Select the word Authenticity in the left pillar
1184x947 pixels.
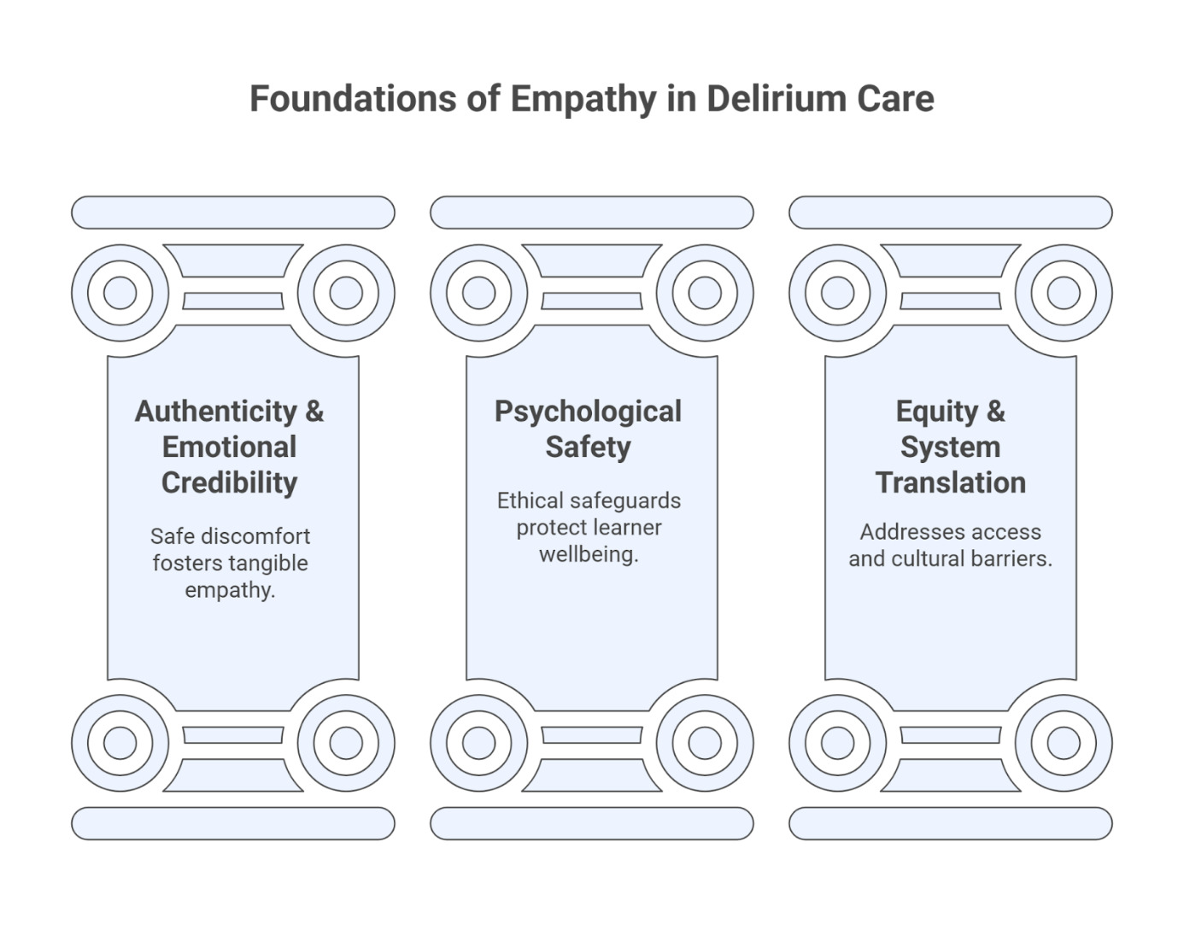coord(214,412)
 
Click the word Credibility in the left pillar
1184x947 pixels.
coord(230,482)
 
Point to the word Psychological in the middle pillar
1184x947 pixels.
coord(588,412)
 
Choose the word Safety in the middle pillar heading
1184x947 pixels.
coord(588,447)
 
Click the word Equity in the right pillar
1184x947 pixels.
coord(937,412)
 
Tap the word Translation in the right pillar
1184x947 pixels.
coord(950,482)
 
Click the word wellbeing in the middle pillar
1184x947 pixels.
coord(588,554)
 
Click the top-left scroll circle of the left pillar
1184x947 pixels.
coord(120,293)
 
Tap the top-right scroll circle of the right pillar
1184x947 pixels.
coord(1064,293)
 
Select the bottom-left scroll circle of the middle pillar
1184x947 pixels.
coord(479,742)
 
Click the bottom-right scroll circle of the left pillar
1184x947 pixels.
coord(346,742)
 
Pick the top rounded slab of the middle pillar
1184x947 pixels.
coord(591,213)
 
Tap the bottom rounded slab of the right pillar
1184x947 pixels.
coord(950,823)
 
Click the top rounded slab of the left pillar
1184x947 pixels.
coord(232,213)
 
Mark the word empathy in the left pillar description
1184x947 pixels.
coord(228,590)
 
